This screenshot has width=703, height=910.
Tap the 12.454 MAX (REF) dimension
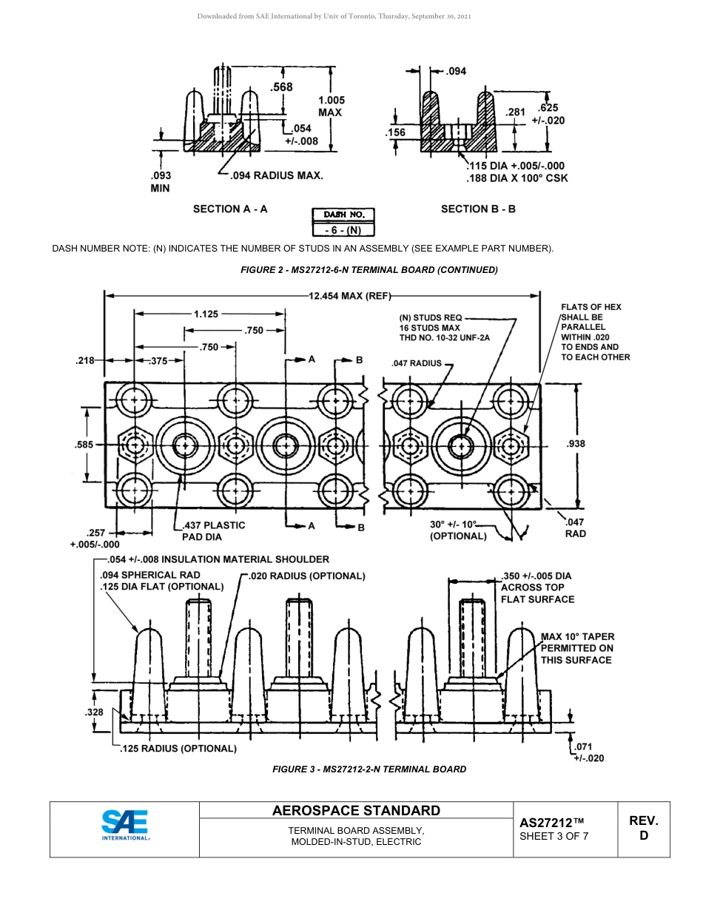click(349, 296)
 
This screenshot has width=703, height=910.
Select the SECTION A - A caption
click(230, 209)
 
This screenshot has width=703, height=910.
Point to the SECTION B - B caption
click(478, 209)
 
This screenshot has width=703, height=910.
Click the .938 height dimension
click(575, 444)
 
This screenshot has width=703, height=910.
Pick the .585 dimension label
click(84, 445)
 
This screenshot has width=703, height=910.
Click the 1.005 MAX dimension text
click(330, 106)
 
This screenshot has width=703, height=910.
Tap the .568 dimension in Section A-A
click(281, 87)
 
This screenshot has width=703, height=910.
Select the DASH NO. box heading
click(343, 215)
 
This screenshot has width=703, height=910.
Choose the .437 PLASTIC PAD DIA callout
click(213, 530)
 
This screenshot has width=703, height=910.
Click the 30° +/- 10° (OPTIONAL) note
click(459, 530)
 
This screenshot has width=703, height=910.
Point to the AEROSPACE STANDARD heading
click(356, 811)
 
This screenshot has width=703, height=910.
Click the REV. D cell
click(643, 828)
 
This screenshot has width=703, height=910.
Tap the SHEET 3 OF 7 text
click(554, 837)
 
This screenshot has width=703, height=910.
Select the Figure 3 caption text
click(369, 769)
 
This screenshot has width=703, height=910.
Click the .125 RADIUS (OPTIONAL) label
click(178, 749)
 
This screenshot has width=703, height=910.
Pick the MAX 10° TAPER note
click(577, 648)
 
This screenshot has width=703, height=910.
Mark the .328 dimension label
click(94, 712)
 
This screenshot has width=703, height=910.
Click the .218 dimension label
click(85, 361)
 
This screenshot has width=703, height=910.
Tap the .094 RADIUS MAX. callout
click(276, 176)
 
